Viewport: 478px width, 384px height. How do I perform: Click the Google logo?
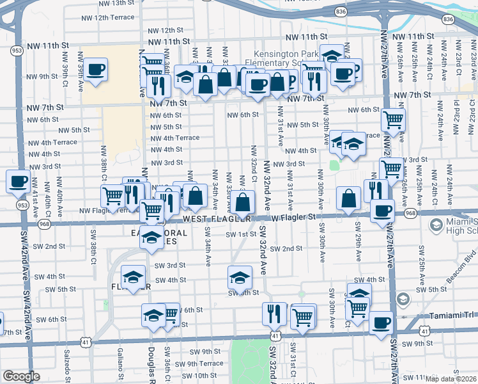coord(21,376)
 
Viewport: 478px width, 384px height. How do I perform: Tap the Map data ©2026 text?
coord(451,379)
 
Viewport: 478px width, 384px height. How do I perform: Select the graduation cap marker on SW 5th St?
coord(240,277)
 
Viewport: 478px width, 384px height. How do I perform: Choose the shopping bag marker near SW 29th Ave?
coord(349,198)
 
